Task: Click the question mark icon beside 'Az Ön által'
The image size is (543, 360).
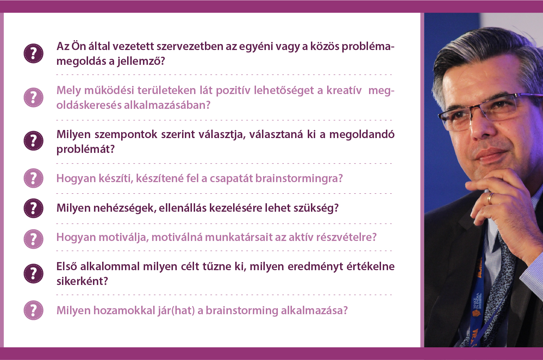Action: point(33,53)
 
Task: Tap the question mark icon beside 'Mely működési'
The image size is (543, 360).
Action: point(33,98)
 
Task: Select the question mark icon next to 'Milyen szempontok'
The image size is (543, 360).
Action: point(33,141)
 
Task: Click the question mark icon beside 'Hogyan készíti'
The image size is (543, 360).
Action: point(33,178)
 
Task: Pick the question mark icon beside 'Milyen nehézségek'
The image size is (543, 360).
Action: point(33,208)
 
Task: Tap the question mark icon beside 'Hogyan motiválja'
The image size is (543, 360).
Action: point(33,239)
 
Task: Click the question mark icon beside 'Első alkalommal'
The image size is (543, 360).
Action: point(33,273)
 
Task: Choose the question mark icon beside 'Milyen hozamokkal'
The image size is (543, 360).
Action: point(33,310)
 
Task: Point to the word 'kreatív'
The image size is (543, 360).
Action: point(344,91)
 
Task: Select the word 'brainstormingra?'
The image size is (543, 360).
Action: point(299,179)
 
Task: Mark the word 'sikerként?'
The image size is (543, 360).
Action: point(82,281)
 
